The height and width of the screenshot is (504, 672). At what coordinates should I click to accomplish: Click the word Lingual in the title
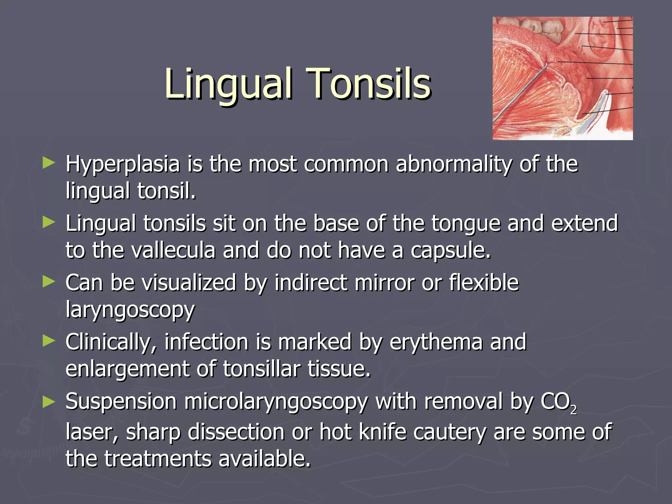[228, 84]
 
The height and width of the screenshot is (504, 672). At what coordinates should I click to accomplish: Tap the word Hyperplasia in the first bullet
[123, 164]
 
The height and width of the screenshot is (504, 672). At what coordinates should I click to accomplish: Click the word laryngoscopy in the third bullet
[130, 310]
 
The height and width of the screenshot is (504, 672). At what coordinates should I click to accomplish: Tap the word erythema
[436, 342]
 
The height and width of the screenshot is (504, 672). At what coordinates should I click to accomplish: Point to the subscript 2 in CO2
[573, 409]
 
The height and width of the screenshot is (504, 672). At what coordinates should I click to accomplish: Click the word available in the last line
[264, 459]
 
